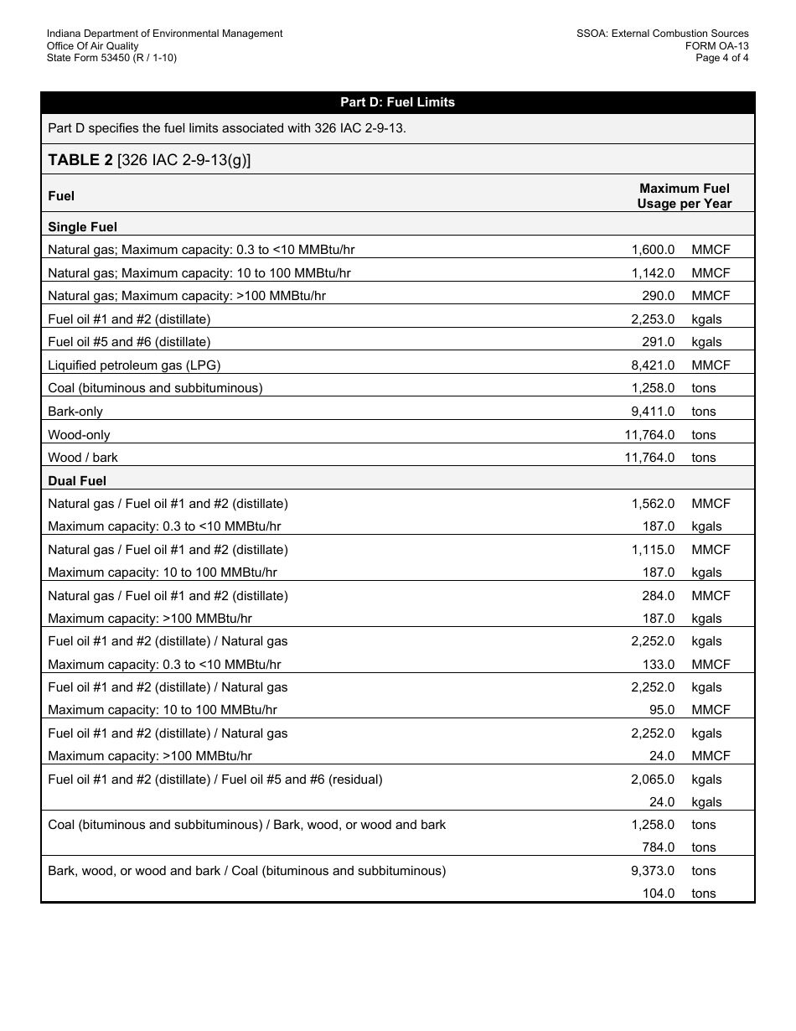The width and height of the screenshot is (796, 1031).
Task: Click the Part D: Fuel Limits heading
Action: pyautogui.click(x=397, y=102)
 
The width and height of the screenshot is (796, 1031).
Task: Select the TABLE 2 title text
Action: pyautogui.click(x=149, y=159)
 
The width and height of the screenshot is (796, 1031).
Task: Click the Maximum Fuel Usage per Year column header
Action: pyautogui.click(x=684, y=195)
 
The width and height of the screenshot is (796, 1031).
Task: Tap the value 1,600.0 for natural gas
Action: pyautogui.click(x=653, y=250)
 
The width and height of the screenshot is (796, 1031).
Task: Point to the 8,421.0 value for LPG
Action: pyautogui.click(x=653, y=365)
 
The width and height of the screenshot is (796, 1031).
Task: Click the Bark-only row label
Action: pyautogui.click(x=75, y=412)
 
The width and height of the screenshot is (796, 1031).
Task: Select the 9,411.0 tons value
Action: pyautogui.click(x=653, y=412)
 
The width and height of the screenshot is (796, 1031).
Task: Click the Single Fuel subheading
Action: pyautogui.click(x=82, y=227)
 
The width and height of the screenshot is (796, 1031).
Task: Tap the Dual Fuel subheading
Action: pyautogui.click(x=77, y=481)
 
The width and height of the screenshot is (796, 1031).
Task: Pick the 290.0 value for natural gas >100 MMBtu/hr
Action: pyautogui.click(x=658, y=296)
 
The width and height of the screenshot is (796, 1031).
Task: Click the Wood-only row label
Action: pyautogui.click(x=79, y=435)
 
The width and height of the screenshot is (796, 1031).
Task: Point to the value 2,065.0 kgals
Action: pyautogui.click(x=653, y=780)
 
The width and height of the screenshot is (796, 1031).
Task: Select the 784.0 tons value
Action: pyautogui.click(x=658, y=847)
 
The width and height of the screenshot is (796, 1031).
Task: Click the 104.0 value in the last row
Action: pyautogui.click(x=658, y=894)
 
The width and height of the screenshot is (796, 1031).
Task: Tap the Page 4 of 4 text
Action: pyautogui.click(x=722, y=58)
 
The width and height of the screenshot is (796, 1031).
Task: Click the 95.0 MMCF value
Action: pyautogui.click(x=661, y=710)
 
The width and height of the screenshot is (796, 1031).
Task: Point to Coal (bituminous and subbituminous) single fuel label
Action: pyautogui.click(x=155, y=388)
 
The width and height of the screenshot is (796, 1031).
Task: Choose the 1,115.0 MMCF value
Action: pyautogui.click(x=653, y=550)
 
